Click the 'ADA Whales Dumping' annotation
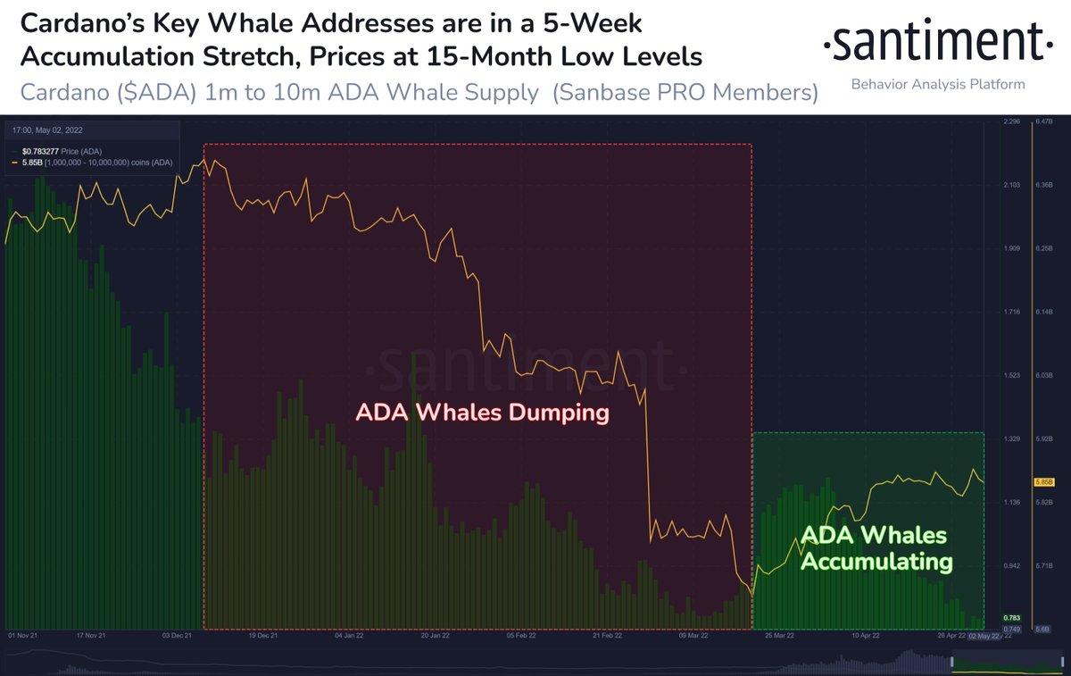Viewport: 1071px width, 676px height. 482,413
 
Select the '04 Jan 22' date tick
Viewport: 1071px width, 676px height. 347,636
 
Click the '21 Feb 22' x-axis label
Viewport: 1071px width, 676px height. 606,636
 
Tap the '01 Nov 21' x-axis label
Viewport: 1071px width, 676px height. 23,636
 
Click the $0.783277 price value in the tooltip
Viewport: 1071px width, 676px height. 41,152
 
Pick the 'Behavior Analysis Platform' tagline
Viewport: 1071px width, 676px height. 937,84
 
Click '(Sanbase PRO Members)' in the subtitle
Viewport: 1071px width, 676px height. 685,93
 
